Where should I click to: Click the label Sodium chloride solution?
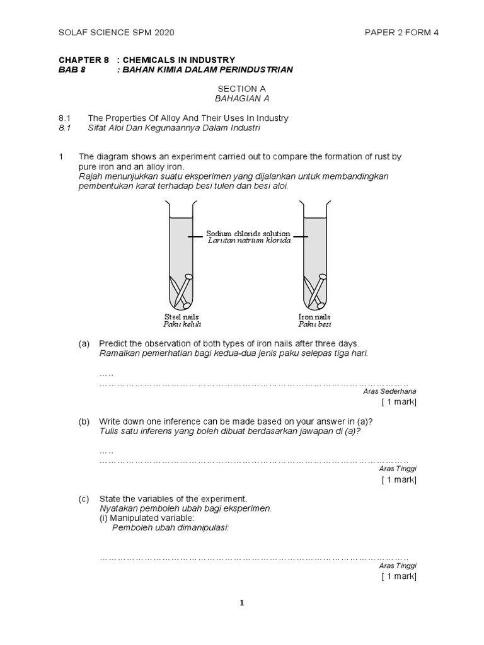pos(248,234)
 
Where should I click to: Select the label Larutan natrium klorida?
pos(248,241)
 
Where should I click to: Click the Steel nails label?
pos(182,316)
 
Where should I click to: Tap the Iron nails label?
pos(314,316)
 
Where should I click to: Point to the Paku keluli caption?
pos(182,324)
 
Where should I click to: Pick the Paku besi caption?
pos(314,324)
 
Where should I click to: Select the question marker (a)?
pos(84,344)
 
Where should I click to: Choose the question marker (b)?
pos(84,421)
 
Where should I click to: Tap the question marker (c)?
pos(84,499)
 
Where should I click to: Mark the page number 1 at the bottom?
pos(241,603)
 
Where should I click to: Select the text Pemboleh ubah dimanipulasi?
pos(170,528)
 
